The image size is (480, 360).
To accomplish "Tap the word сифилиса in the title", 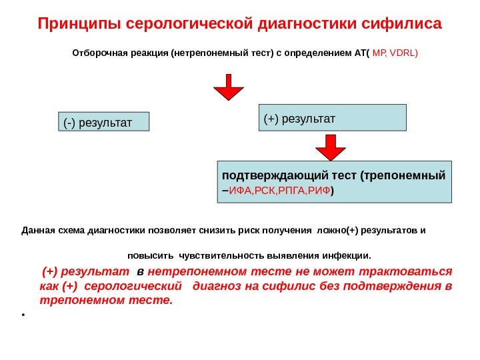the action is (401, 25).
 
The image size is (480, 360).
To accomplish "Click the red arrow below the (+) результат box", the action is (331, 147).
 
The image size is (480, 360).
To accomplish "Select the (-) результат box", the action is (103, 122).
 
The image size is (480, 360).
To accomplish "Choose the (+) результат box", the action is (332, 117).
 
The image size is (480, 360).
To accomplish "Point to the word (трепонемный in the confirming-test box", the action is (402, 176).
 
